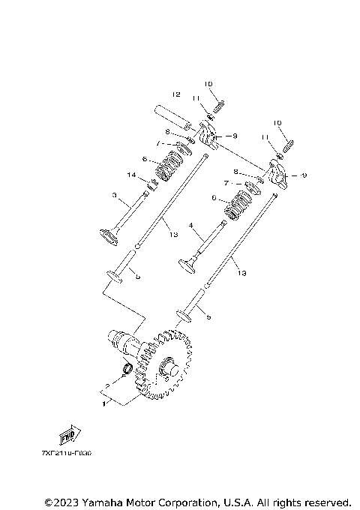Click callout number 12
[x=176, y=95]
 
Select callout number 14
[x=131, y=175]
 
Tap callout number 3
[x=115, y=196]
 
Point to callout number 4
[x=190, y=225]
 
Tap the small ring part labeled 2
[x=128, y=369]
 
